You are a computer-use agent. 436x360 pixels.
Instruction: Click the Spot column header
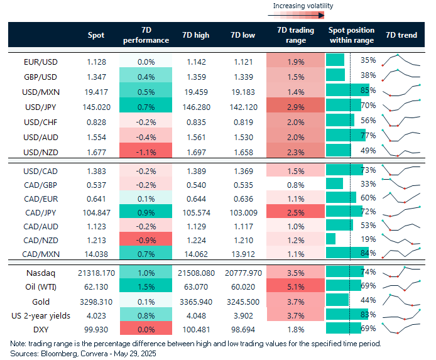(x=96, y=35)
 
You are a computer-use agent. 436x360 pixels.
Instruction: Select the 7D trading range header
(x=291, y=35)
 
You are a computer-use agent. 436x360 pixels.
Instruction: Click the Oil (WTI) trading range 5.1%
(x=291, y=286)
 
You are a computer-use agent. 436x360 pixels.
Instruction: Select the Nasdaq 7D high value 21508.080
(x=194, y=272)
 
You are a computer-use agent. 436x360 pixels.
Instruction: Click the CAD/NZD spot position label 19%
(x=368, y=239)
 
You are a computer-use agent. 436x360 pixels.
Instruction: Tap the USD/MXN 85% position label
(x=368, y=91)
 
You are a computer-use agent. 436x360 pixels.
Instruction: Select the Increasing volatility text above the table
(x=303, y=6)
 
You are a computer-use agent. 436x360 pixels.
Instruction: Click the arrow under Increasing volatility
(x=303, y=14)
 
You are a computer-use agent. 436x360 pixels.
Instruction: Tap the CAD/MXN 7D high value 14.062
(x=194, y=254)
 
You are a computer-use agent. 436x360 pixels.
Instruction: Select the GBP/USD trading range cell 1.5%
(x=291, y=76)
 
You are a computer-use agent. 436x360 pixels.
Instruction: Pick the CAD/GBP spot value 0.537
(x=96, y=184)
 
